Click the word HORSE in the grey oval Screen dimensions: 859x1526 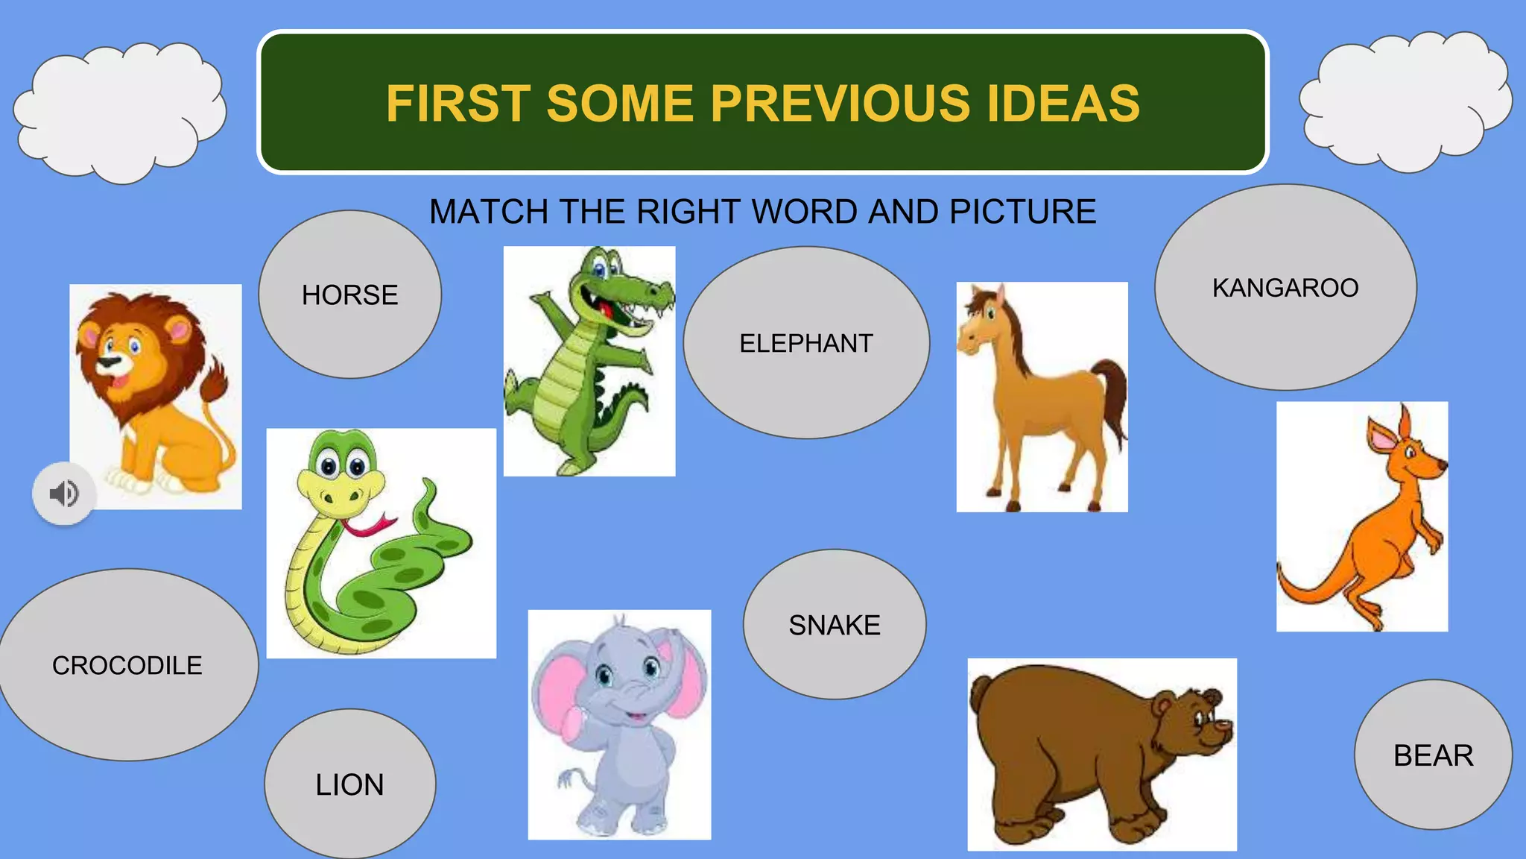(349, 295)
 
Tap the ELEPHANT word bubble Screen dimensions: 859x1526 (806, 344)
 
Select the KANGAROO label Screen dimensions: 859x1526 (1285, 288)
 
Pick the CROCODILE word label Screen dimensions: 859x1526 (127, 665)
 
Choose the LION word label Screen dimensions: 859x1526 (349, 784)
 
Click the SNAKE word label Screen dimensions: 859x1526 (835, 625)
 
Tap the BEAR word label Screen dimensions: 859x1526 (1433, 755)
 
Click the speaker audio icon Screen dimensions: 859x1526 (64, 494)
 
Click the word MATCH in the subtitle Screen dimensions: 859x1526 (489, 212)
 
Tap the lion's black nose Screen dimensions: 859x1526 (110, 362)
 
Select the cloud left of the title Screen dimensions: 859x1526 (119, 112)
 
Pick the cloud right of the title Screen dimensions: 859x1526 (1405, 101)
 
